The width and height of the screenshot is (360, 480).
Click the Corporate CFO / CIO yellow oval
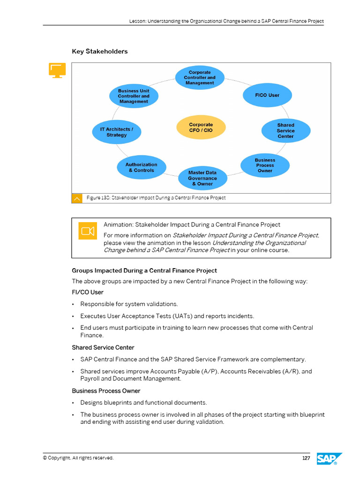click(x=201, y=127)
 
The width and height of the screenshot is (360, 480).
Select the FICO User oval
click(x=267, y=95)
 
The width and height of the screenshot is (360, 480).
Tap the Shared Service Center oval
click(x=285, y=131)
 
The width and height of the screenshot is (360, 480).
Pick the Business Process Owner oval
click(x=265, y=165)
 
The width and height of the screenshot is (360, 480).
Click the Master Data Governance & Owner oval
click(x=202, y=178)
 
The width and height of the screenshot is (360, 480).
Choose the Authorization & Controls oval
click(x=141, y=167)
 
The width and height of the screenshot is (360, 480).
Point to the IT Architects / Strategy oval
click(x=117, y=132)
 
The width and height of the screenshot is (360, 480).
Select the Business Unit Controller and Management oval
click(x=134, y=96)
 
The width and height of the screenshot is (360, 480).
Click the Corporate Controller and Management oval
click(x=200, y=78)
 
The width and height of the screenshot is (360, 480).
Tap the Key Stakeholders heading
click(x=99, y=52)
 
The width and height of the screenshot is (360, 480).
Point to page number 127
click(x=306, y=458)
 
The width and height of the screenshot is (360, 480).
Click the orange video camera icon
click(x=88, y=231)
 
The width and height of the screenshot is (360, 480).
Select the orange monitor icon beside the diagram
click(x=57, y=70)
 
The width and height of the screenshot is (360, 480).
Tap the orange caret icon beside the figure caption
click(x=77, y=198)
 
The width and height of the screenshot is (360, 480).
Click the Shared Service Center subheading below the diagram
click(x=103, y=348)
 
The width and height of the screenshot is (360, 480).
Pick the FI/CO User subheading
click(x=88, y=292)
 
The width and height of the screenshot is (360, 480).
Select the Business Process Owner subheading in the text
click(x=106, y=391)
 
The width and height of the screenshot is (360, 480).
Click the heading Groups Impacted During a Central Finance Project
click(x=144, y=270)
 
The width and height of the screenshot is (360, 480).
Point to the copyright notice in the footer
click(x=78, y=458)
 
